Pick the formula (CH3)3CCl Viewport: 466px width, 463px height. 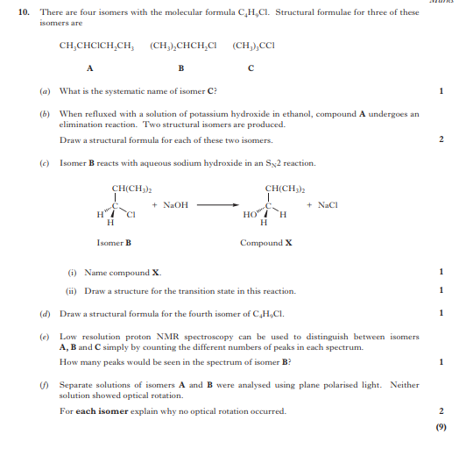point(254,45)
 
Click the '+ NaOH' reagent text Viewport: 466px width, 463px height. point(170,204)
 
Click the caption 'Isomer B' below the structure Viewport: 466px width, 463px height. point(115,242)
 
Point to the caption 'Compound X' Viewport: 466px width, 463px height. point(266,242)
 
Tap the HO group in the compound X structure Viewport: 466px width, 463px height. point(249,214)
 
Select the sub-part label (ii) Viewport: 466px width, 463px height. point(74,290)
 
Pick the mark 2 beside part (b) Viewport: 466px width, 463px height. point(441,139)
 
